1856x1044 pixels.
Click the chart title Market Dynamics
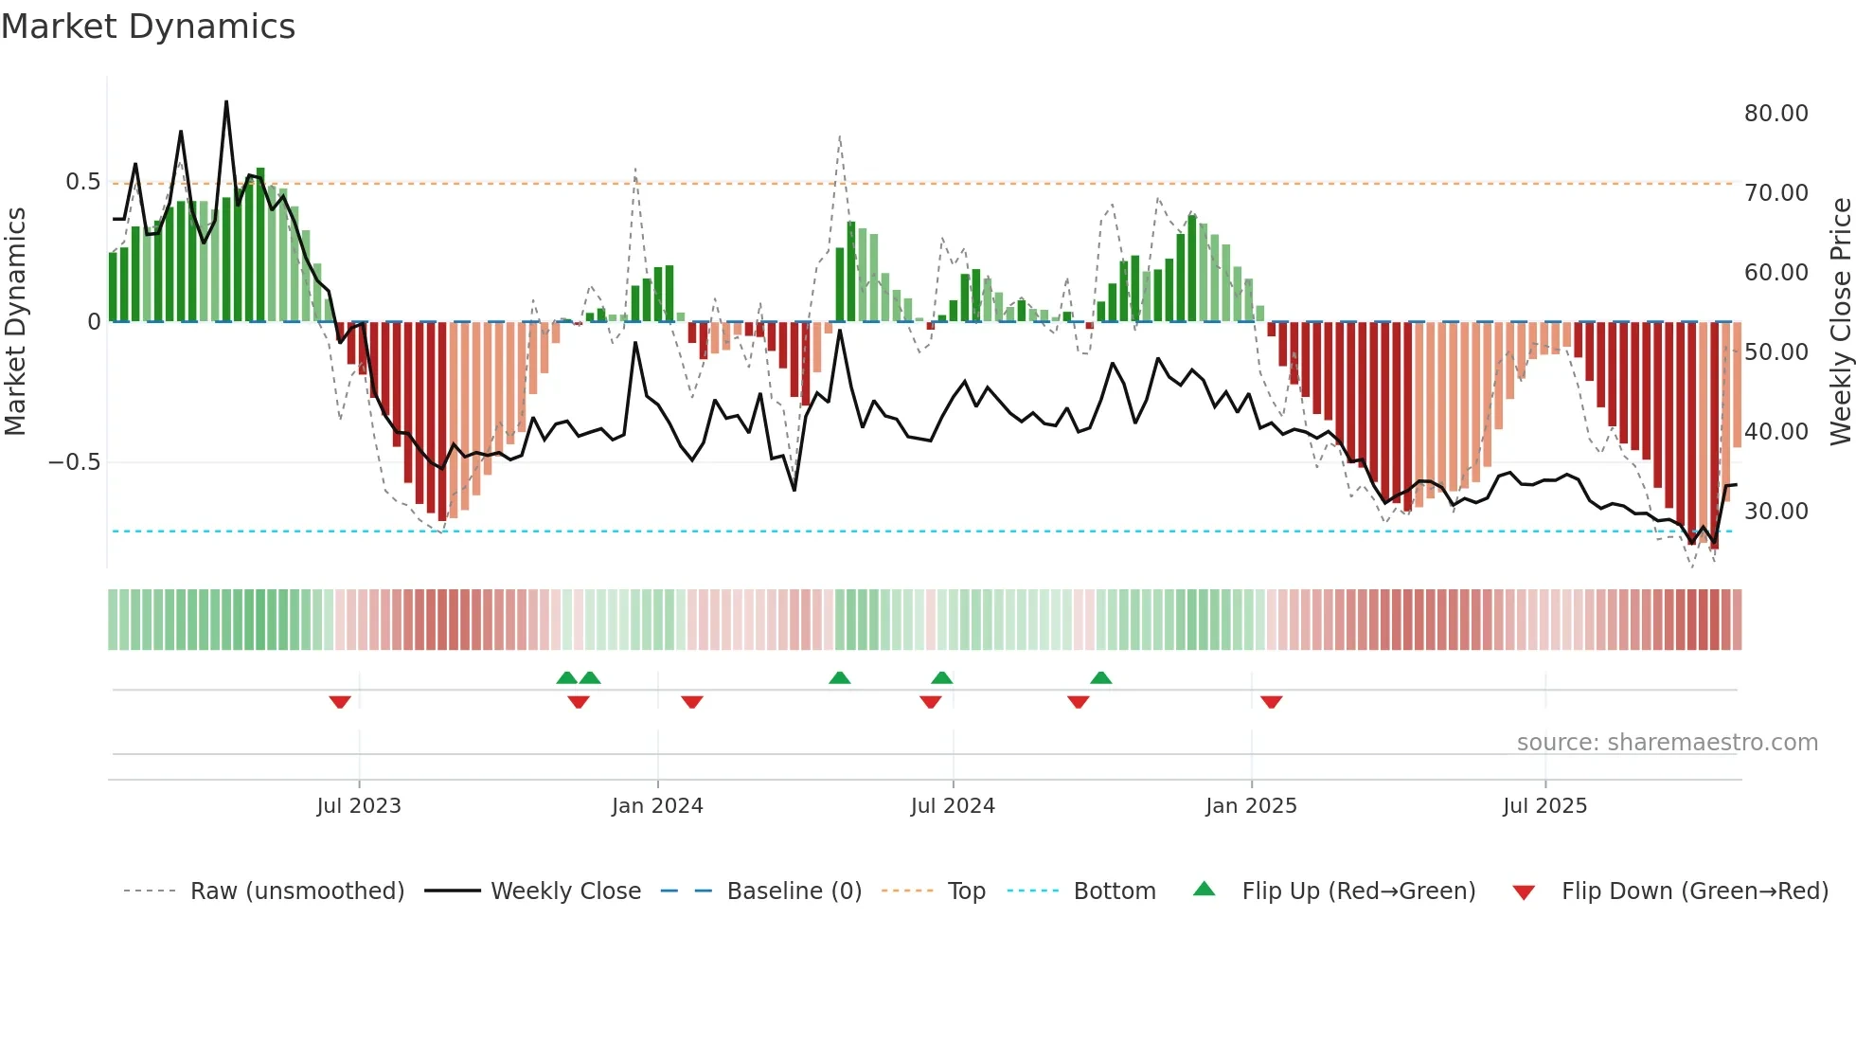pos(148,27)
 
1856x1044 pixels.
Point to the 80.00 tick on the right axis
pos(1776,114)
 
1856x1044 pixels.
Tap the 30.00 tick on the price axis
pos(1776,512)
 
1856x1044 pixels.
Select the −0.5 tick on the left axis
pos(74,462)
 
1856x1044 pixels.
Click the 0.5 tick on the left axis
pos(82,182)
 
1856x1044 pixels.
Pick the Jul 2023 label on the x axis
pos(359,806)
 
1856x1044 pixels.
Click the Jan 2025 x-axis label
pos(1251,806)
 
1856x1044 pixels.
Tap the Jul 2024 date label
pos(953,806)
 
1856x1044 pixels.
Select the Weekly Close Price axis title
pos(1840,322)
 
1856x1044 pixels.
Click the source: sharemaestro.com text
pos(1667,743)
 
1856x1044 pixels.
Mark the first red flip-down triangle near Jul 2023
pos(340,702)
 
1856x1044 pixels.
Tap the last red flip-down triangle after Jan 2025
pos(1271,702)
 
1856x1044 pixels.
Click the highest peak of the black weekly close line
pos(226,101)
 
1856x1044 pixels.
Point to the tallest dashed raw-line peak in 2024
pos(840,136)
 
